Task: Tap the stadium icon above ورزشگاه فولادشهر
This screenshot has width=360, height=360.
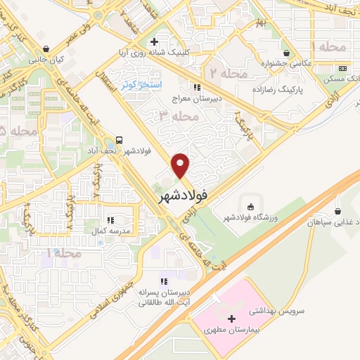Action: pyautogui.click(x=252, y=206)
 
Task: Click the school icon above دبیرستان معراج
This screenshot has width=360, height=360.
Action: pyautogui.click(x=198, y=88)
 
